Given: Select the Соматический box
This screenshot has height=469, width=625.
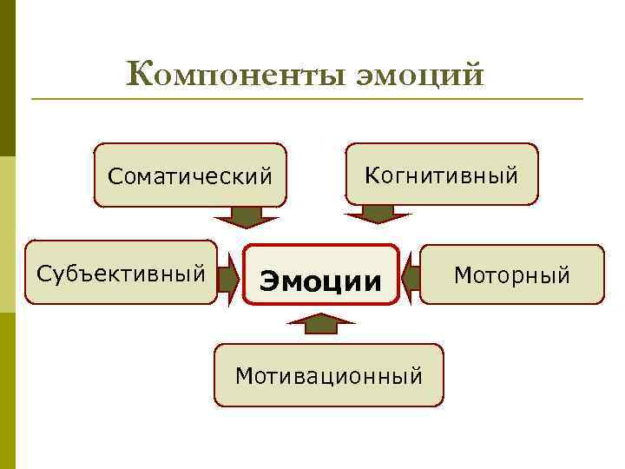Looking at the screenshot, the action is click(x=190, y=175).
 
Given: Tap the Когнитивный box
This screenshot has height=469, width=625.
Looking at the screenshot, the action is click(x=442, y=175).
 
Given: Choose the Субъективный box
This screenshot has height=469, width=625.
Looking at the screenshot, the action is click(x=121, y=273).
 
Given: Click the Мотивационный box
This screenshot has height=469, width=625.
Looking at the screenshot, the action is click(x=329, y=375).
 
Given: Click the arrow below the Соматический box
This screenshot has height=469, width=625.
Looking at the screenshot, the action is click(x=247, y=216).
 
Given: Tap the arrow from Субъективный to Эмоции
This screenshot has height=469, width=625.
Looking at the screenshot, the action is click(x=229, y=278).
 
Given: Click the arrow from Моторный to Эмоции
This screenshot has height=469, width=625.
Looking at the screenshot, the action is click(x=411, y=277).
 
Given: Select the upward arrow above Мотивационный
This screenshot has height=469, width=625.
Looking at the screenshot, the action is click(x=320, y=325).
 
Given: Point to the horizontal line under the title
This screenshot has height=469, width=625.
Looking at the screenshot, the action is click(x=306, y=98).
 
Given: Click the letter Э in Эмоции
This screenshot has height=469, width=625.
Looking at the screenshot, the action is click(x=270, y=281).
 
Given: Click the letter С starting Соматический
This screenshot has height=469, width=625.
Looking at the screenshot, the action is click(x=115, y=177).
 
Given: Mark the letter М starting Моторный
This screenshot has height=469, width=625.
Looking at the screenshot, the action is click(x=462, y=276).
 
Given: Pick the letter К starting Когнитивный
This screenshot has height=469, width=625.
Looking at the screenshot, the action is click(x=372, y=175).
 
